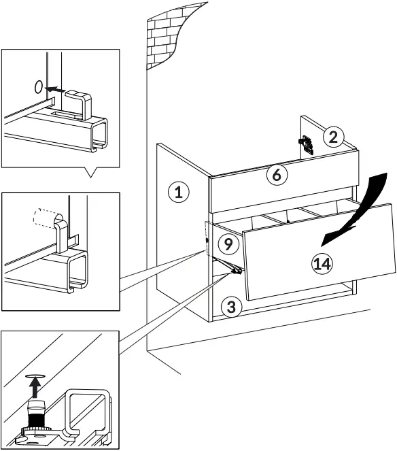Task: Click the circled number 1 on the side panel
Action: pos(178,193)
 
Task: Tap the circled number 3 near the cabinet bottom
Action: pos(231,307)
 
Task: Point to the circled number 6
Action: pos(276,175)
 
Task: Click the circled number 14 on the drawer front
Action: pos(322,264)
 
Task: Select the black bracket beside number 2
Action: pos(306,145)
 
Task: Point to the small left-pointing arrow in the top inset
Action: pos(57,88)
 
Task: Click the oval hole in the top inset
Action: pos(39,86)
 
